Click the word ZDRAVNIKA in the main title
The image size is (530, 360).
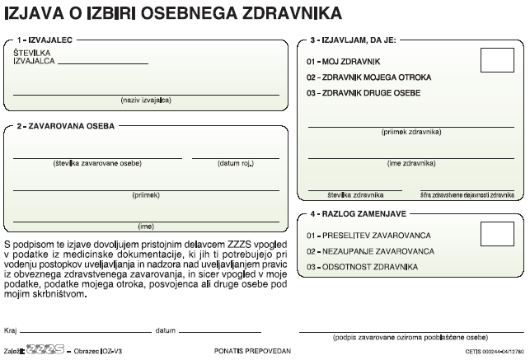point(290,12)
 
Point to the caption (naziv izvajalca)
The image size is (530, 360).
point(145,100)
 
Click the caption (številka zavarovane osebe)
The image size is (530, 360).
point(97,162)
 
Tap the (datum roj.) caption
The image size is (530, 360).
point(236,162)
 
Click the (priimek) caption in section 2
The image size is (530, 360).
point(145,195)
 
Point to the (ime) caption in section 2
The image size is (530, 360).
point(145,225)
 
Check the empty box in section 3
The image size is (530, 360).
point(497,61)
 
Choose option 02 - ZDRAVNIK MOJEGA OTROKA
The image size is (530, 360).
point(368,77)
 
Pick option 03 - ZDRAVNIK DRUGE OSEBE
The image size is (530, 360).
point(363,92)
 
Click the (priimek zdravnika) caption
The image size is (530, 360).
point(411,132)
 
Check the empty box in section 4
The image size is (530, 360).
point(497,235)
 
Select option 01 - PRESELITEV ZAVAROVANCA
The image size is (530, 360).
point(368,235)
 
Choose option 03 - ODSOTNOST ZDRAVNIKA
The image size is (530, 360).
point(362,266)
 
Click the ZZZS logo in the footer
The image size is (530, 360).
point(45,349)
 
